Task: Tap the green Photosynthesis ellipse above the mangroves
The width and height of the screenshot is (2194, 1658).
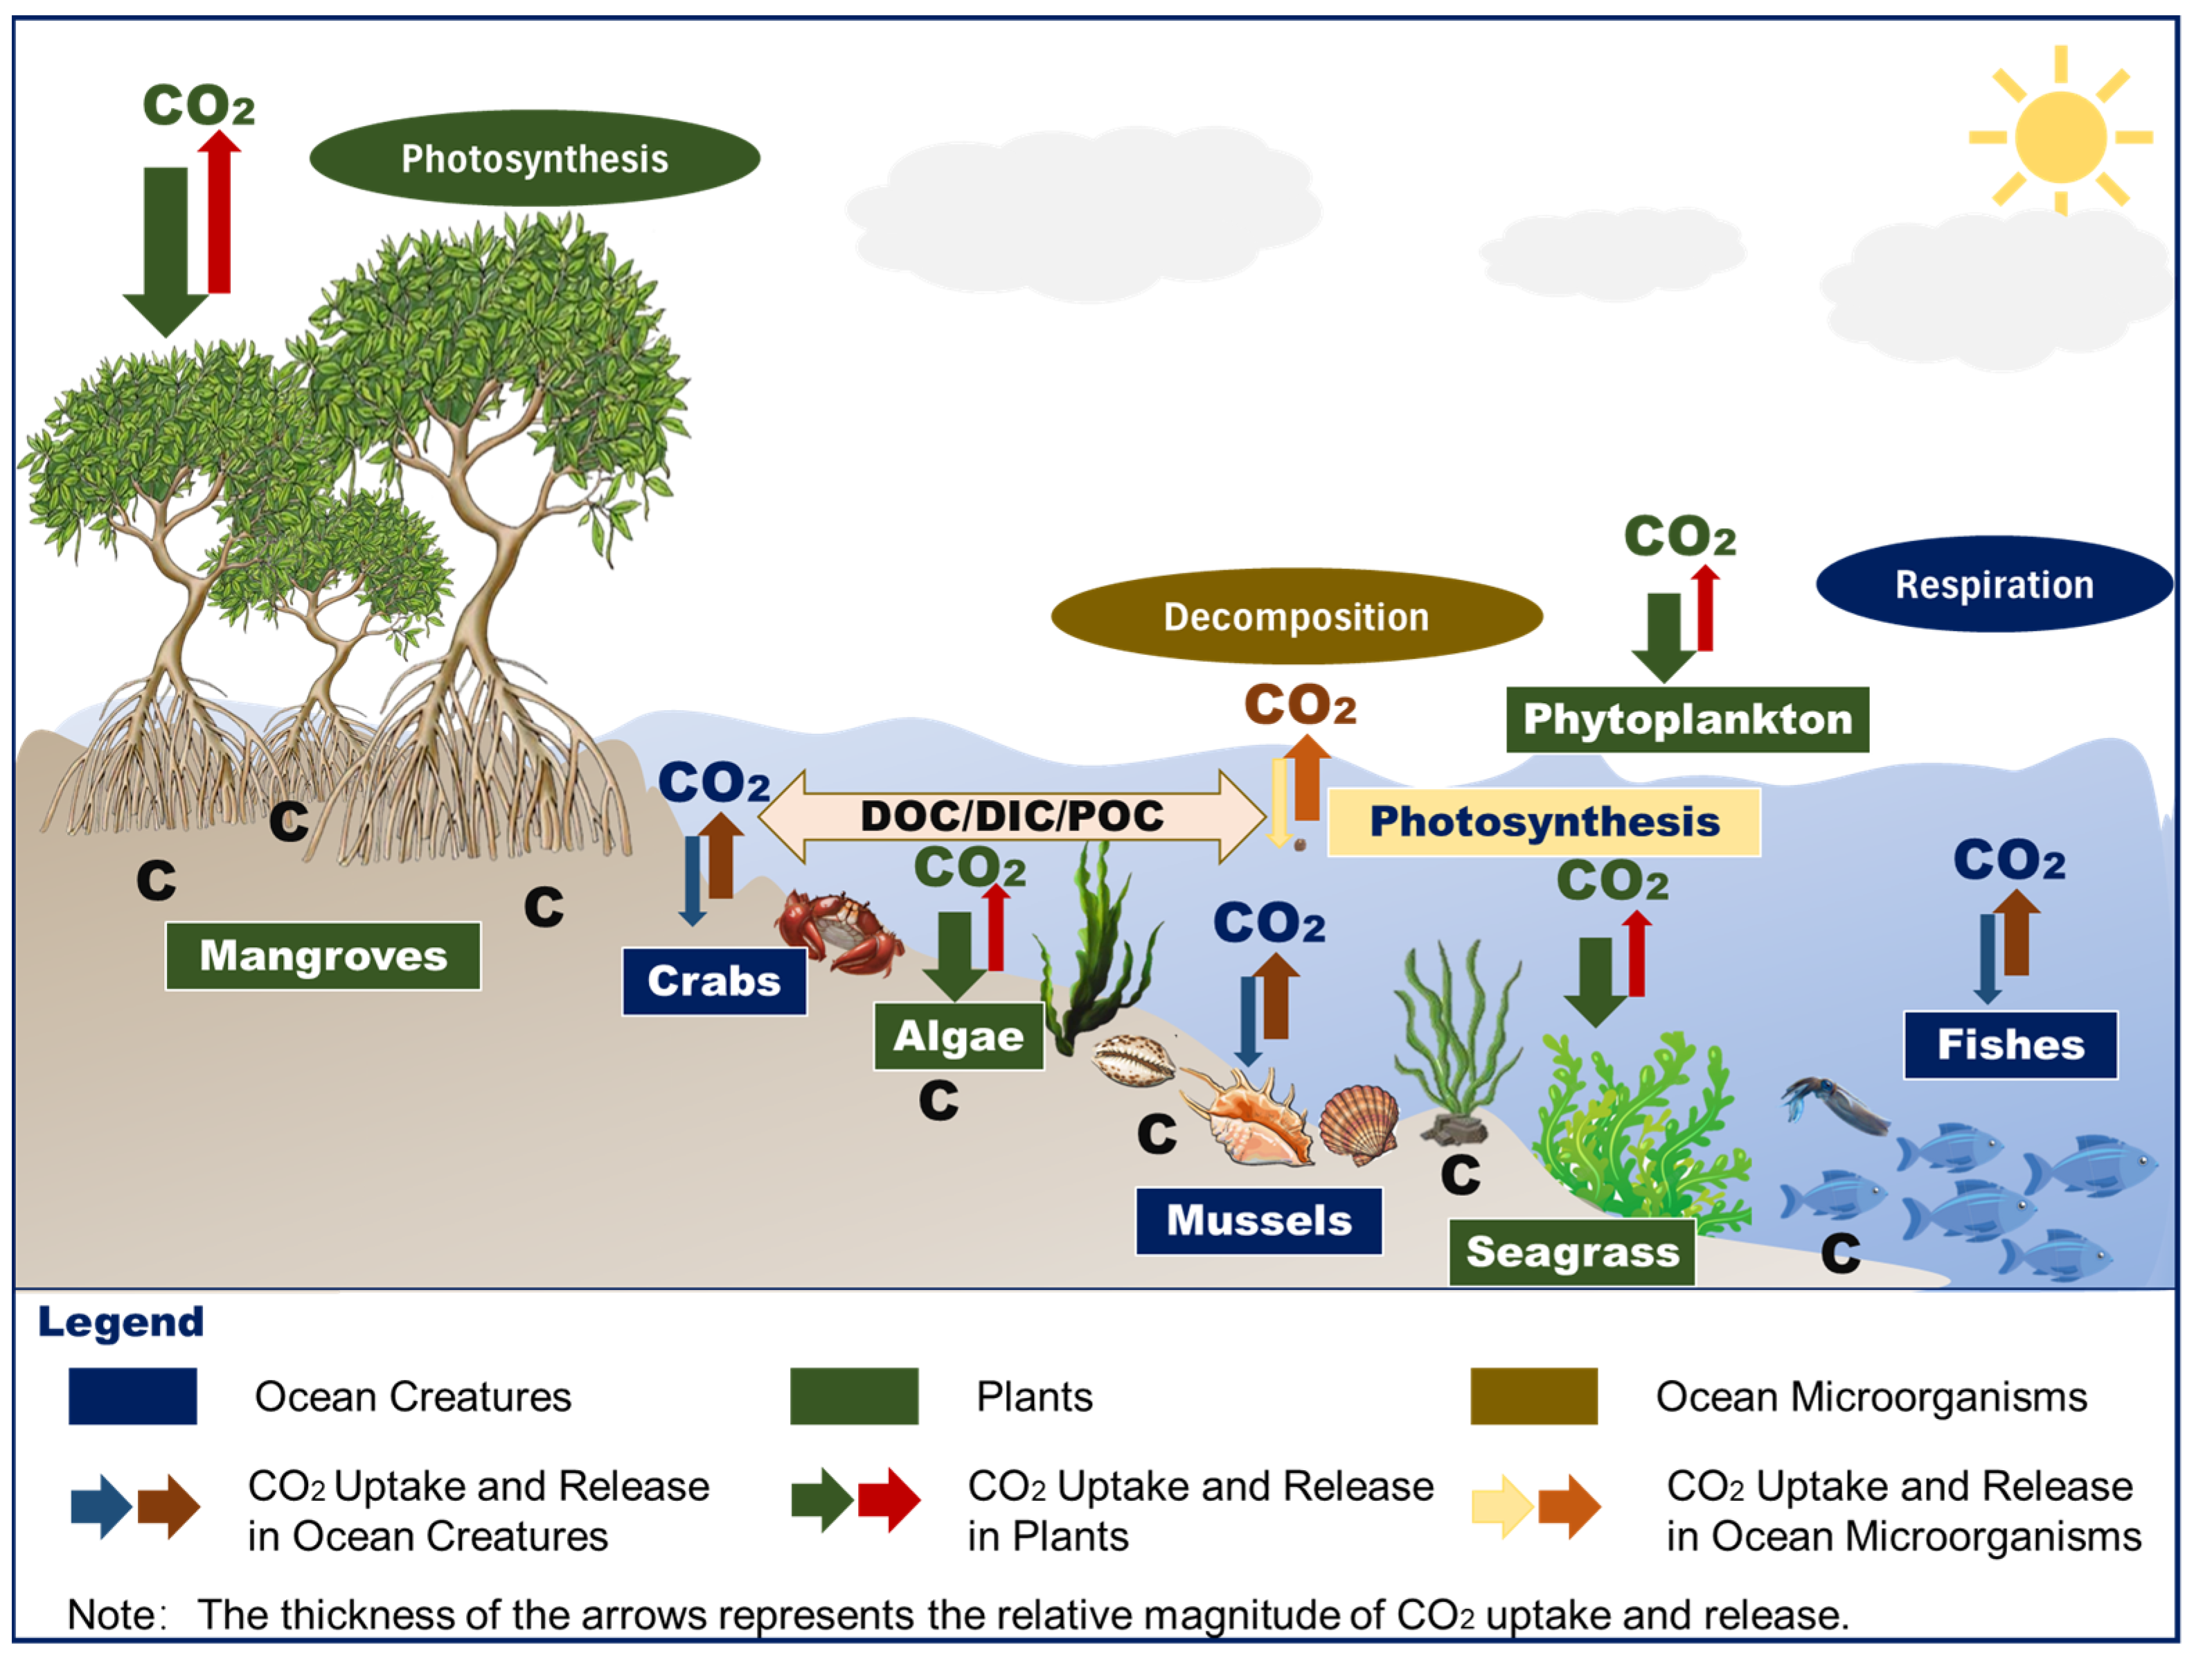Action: point(535,158)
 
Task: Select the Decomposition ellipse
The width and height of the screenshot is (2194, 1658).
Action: point(1296,616)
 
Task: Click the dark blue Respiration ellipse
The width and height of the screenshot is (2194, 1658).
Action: point(1995,584)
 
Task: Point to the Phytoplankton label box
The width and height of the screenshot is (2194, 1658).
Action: point(1687,719)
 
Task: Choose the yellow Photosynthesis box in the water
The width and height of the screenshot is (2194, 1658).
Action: point(1544,822)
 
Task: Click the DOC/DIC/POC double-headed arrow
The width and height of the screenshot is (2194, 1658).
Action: point(1012,815)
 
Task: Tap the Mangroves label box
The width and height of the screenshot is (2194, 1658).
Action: point(323,955)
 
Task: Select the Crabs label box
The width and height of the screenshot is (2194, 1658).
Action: point(714,981)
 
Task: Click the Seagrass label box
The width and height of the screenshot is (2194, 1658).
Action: point(1572,1252)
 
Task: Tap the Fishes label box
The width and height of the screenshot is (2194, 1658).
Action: point(2010,1045)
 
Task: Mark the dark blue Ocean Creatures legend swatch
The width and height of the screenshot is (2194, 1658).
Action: point(133,1396)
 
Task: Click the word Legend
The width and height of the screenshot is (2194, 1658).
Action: point(121,1322)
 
